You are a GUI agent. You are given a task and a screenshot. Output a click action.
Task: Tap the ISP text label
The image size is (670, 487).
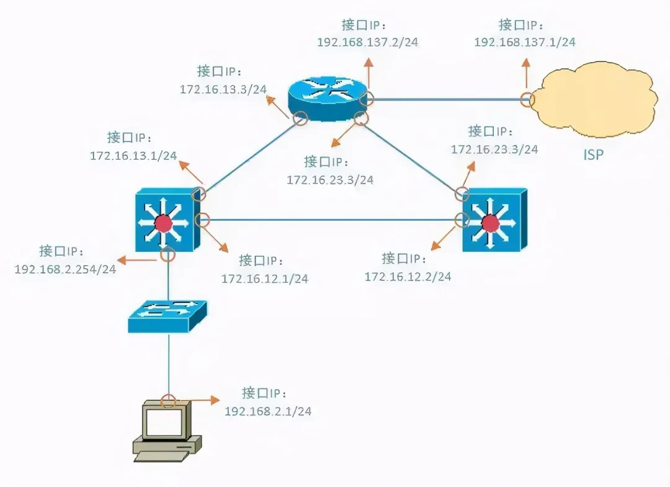[594, 154]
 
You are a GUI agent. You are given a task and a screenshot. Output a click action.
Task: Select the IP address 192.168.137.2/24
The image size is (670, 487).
[367, 42]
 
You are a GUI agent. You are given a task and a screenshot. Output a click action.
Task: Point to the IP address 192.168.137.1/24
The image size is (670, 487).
[525, 42]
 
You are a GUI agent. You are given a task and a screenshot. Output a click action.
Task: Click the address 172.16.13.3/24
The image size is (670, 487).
[223, 89]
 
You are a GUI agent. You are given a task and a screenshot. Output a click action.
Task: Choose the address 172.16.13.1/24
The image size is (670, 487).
[133, 156]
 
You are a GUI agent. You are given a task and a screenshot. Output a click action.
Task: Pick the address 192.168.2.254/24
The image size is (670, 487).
[65, 269]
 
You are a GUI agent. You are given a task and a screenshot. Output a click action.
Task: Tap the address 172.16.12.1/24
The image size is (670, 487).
[265, 279]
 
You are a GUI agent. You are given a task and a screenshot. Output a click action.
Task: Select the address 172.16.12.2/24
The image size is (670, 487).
[408, 277]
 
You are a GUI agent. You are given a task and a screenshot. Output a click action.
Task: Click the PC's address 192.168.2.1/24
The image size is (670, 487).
[268, 411]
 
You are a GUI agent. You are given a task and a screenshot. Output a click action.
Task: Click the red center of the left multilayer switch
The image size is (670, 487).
[163, 223]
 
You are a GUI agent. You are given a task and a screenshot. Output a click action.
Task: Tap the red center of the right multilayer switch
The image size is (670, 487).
[490, 223]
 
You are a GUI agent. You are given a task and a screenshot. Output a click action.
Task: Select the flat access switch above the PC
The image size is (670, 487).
[167, 316]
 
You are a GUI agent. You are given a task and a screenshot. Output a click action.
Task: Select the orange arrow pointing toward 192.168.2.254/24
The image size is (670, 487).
[136, 260]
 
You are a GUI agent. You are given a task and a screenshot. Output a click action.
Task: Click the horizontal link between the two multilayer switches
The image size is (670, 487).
[331, 220]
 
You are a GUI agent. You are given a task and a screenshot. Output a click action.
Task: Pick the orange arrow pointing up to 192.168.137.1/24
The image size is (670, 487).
[527, 73]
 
